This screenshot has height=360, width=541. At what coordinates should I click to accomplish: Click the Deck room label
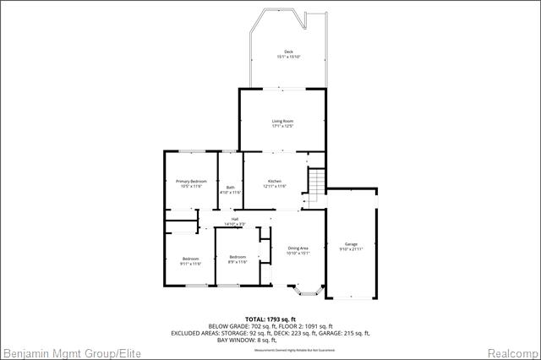pyautogui.click(x=288, y=52)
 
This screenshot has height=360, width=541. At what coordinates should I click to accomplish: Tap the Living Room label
pyautogui.click(x=282, y=122)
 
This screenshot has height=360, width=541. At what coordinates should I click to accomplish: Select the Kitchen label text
pyautogui.click(x=275, y=182)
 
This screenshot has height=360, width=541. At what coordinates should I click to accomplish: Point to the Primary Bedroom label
pyautogui.click(x=191, y=182)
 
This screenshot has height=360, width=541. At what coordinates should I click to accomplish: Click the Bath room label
pyautogui.click(x=230, y=188)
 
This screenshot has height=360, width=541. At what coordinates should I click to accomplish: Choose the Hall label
pyautogui.click(x=234, y=220)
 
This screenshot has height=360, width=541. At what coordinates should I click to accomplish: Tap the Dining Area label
pyautogui.click(x=298, y=248)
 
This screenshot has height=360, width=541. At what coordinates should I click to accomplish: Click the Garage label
pyautogui.click(x=351, y=244)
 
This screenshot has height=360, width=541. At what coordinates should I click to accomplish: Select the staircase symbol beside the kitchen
pyautogui.click(x=314, y=185)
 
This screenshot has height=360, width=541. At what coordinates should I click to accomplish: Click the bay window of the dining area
pyautogui.click(x=307, y=292)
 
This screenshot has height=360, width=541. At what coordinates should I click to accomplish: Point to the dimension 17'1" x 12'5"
pyautogui.click(x=282, y=127)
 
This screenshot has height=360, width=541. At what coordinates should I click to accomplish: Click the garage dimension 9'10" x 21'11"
pyautogui.click(x=351, y=249)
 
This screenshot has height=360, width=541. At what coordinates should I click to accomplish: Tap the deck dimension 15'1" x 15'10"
pyautogui.click(x=288, y=57)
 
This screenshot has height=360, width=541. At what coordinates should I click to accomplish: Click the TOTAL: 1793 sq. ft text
pyautogui.click(x=270, y=319)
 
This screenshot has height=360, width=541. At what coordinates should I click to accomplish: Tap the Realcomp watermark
pyautogui.click(x=512, y=352)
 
